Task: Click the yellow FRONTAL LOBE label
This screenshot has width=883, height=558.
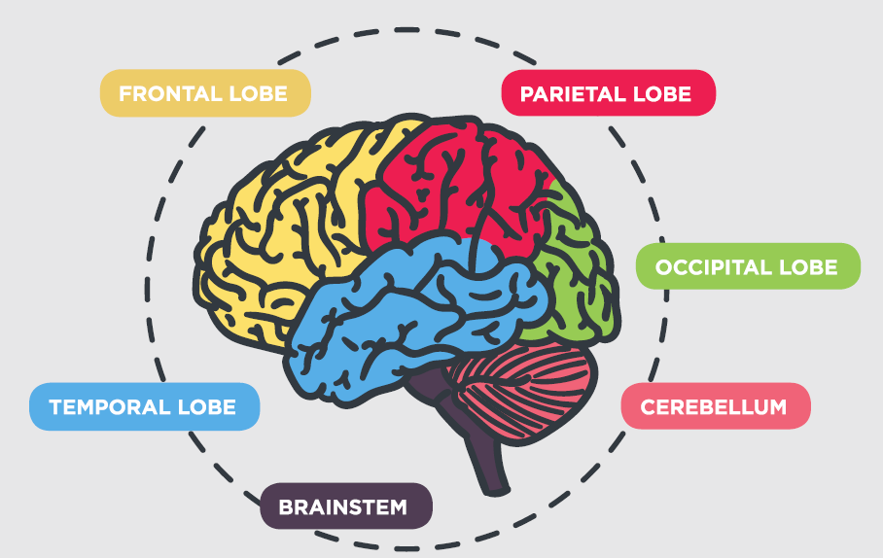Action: [204, 93]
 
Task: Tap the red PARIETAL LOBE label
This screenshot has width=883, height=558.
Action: [607, 93]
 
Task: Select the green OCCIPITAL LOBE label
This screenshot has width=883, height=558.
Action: [747, 266]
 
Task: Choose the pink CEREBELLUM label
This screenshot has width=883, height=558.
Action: [715, 406]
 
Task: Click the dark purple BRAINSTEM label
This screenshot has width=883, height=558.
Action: [343, 506]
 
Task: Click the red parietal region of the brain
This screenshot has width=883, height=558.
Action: [457, 185]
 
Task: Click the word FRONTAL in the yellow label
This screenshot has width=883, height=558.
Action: [167, 93]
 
